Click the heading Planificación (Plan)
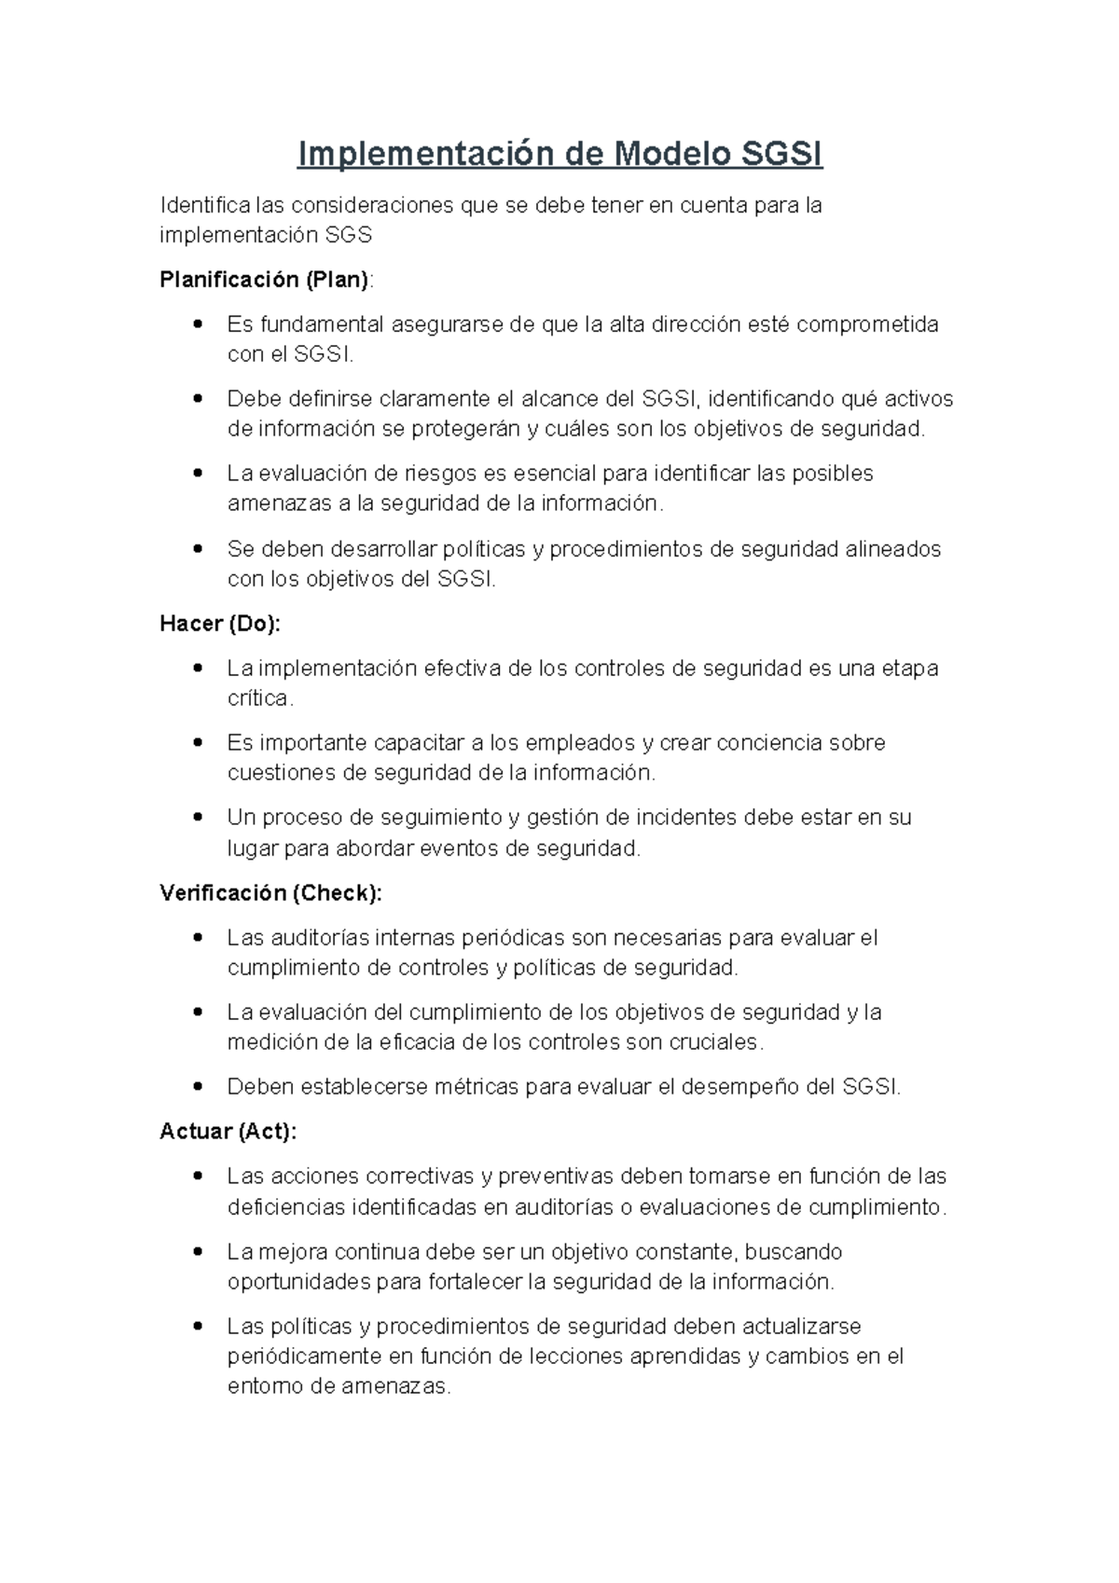tap(265, 279)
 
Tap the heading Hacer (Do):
tap(220, 624)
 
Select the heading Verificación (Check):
tap(270, 893)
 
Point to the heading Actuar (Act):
tap(228, 1132)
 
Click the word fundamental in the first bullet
tap(322, 324)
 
